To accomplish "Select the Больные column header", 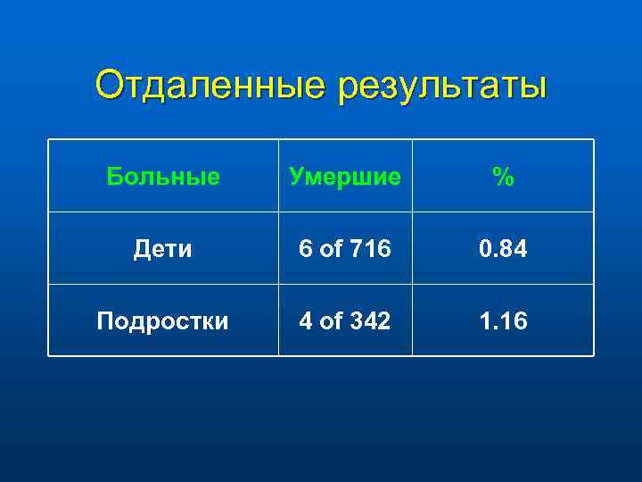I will (163, 177).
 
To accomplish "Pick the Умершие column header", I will (344, 177).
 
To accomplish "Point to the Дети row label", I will (162, 249).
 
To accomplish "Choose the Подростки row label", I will (163, 321).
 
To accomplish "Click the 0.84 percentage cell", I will (503, 249).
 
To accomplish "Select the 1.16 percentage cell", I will (503, 321).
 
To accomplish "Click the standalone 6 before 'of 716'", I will (305, 249).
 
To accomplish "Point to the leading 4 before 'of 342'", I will (305, 321).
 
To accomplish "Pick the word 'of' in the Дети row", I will (331, 249).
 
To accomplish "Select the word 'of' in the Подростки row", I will (331, 321).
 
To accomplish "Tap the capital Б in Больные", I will (113, 177).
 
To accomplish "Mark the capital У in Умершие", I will (295, 177).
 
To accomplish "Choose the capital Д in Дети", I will (141, 249).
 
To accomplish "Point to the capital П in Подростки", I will (105, 321).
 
